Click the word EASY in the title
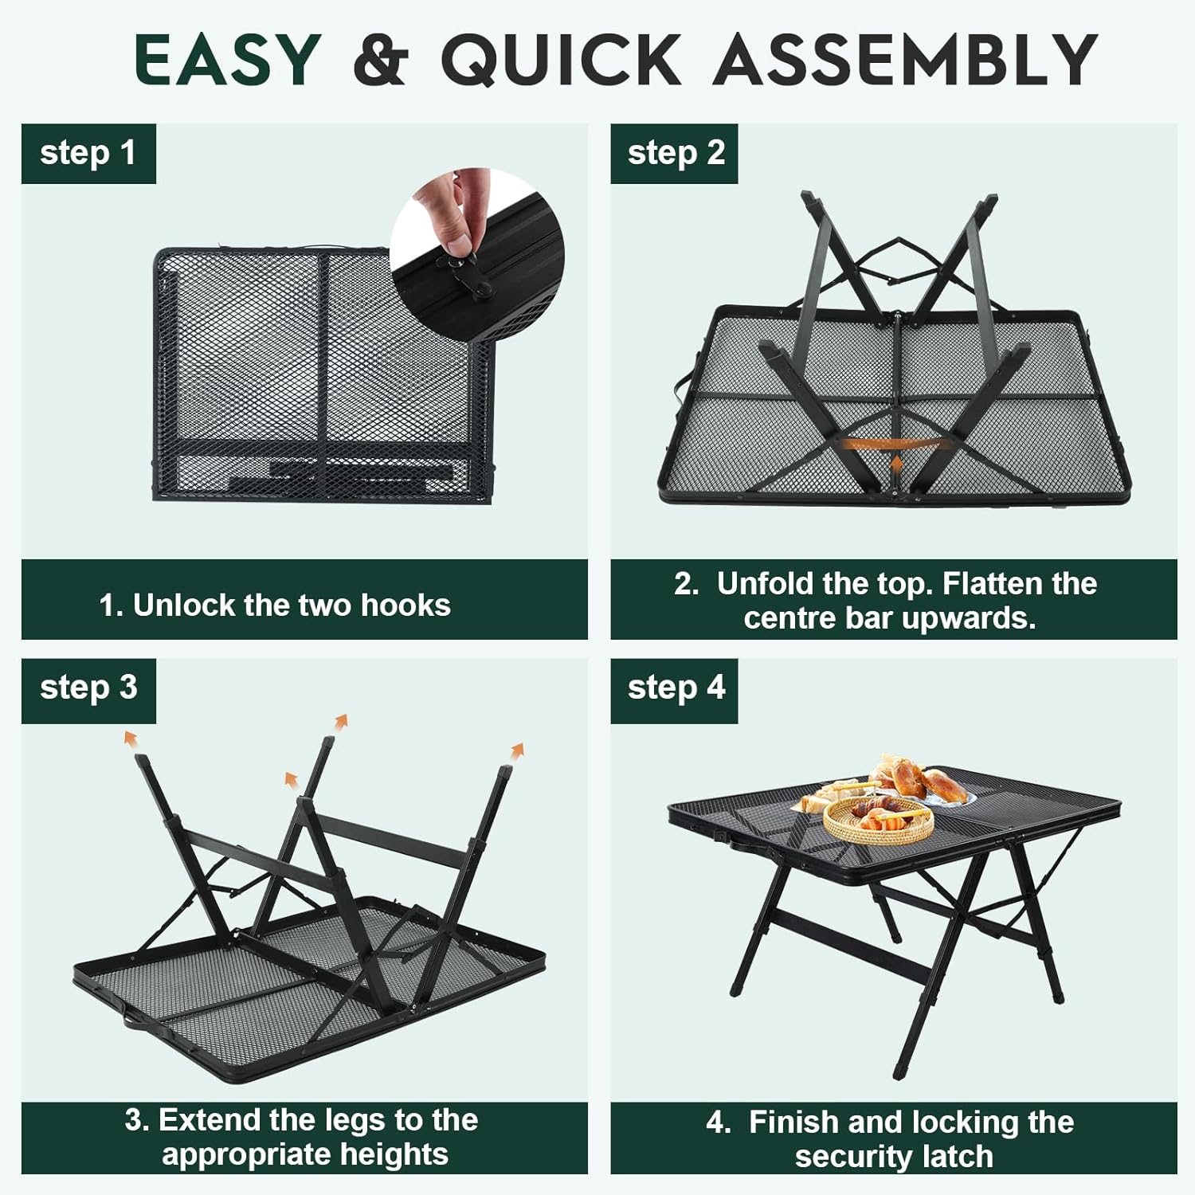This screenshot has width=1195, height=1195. (228, 59)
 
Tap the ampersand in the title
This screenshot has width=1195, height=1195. (381, 59)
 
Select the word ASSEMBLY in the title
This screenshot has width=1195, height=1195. (906, 59)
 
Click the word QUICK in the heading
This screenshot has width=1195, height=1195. (561, 59)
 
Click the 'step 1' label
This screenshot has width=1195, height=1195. (88, 153)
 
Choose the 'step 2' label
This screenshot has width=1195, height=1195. (676, 153)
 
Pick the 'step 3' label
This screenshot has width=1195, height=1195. (88, 688)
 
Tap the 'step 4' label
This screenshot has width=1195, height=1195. (676, 688)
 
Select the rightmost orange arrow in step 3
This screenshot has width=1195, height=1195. (517, 750)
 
